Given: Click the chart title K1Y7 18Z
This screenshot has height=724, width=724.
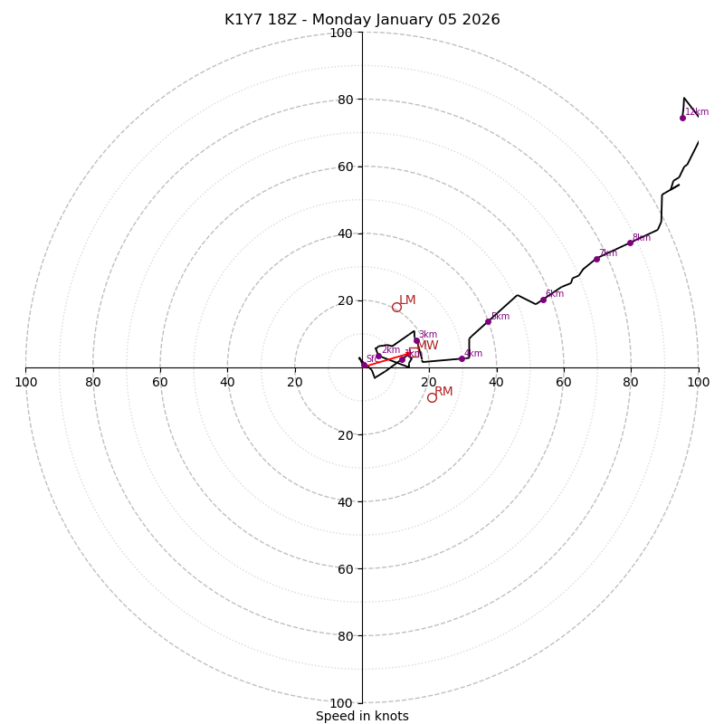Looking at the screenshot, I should (x=362, y=20).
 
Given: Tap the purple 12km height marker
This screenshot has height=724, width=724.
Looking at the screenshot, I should (x=682, y=118).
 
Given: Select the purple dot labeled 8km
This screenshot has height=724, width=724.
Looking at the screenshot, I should (x=630, y=243).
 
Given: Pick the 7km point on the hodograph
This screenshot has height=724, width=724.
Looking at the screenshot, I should (x=596, y=259).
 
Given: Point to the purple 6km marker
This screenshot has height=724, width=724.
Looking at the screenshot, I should (x=543, y=300).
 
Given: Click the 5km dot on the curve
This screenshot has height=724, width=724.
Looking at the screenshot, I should (x=488, y=321).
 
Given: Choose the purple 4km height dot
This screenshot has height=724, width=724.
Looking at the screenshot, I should (x=462, y=358).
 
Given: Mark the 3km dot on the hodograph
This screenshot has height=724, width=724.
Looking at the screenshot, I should (x=416, y=340).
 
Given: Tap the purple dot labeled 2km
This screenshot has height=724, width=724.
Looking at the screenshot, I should (x=378, y=356).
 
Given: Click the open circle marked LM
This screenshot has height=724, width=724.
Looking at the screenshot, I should (x=396, y=307).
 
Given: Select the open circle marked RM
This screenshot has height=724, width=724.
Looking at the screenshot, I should (x=432, y=397).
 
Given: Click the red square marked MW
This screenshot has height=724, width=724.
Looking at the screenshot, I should (x=414, y=352).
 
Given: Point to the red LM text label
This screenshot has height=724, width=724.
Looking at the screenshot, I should (x=408, y=300).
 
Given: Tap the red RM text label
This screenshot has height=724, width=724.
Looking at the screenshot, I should (x=443, y=392).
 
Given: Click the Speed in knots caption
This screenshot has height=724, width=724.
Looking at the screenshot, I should (x=362, y=716).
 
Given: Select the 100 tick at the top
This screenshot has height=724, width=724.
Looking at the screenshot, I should (x=341, y=33).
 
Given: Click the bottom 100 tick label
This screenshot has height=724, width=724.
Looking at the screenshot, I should (x=341, y=703).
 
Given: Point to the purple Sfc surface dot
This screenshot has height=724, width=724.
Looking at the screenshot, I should (x=365, y=365).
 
